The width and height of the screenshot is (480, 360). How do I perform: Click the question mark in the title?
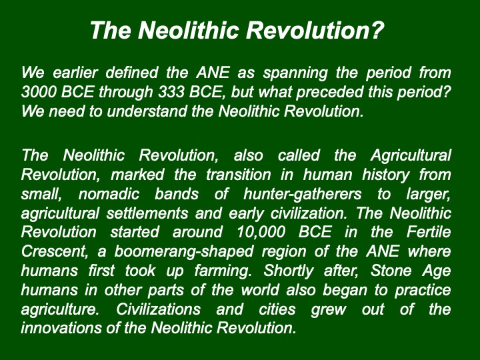(x=376, y=30)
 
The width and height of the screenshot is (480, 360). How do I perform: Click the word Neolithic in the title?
(x=188, y=30)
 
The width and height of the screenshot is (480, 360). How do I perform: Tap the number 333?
(x=171, y=91)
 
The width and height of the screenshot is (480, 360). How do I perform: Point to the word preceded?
(x=329, y=92)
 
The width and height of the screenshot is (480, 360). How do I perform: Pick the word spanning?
(x=295, y=73)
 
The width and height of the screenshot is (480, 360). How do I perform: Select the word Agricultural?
(x=411, y=156)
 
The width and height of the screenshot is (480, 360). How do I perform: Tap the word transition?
(x=239, y=175)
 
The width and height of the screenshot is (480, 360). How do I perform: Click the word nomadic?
(x=109, y=194)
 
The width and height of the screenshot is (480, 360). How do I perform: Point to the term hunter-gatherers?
(x=303, y=195)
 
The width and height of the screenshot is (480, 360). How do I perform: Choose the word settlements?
(x=147, y=213)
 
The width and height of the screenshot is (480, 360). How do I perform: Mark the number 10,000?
(x=261, y=233)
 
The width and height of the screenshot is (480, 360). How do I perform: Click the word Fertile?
(x=429, y=232)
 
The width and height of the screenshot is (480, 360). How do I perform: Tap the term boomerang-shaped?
(x=184, y=252)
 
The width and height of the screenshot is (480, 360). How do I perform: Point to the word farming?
(x=223, y=271)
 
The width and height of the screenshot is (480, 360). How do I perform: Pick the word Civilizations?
(x=158, y=309)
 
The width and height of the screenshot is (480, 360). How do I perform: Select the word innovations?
(x=61, y=328)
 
